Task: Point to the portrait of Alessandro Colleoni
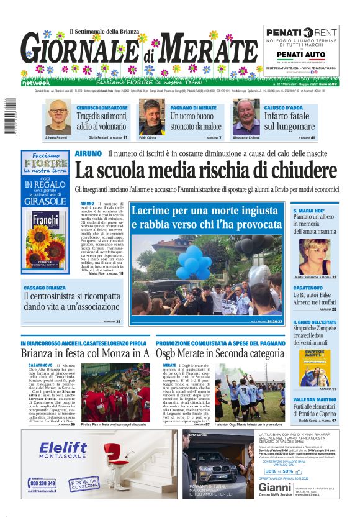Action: tap(246, 117)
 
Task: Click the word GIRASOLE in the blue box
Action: tap(45, 202)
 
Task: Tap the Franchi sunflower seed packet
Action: tap(45, 239)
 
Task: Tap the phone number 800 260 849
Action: tap(42, 483)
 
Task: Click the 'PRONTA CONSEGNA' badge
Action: tap(84, 483)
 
